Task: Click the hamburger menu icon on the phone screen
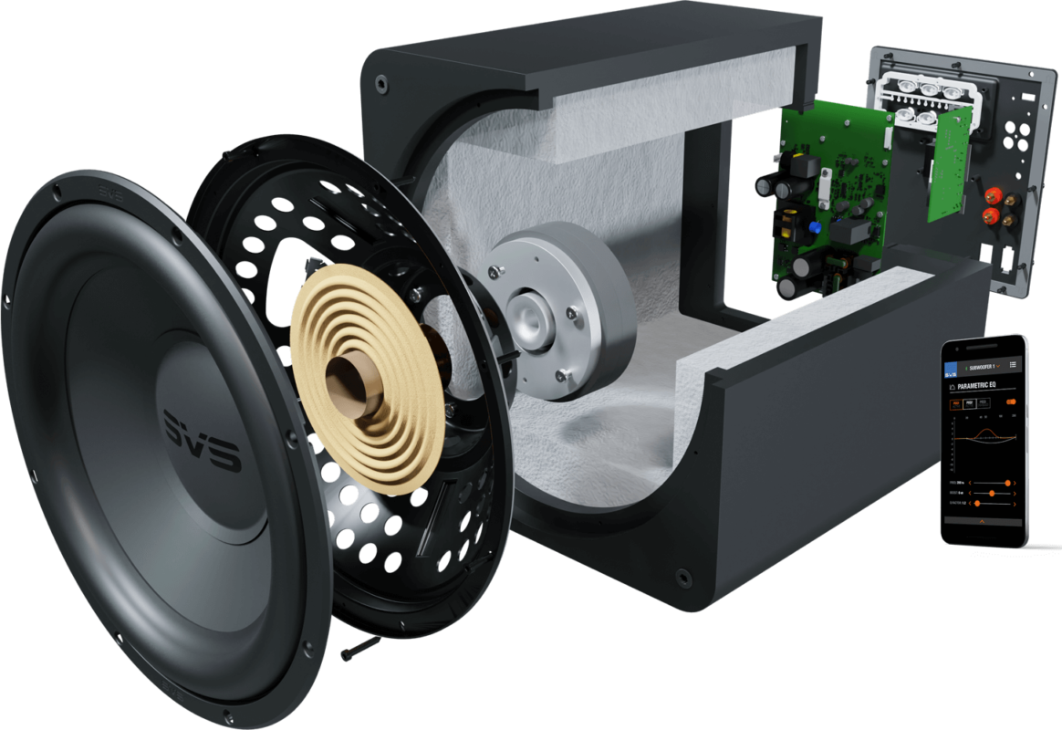pos(1013,364)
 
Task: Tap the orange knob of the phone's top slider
pos(1007,482)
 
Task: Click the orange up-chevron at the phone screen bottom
pos(982,521)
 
